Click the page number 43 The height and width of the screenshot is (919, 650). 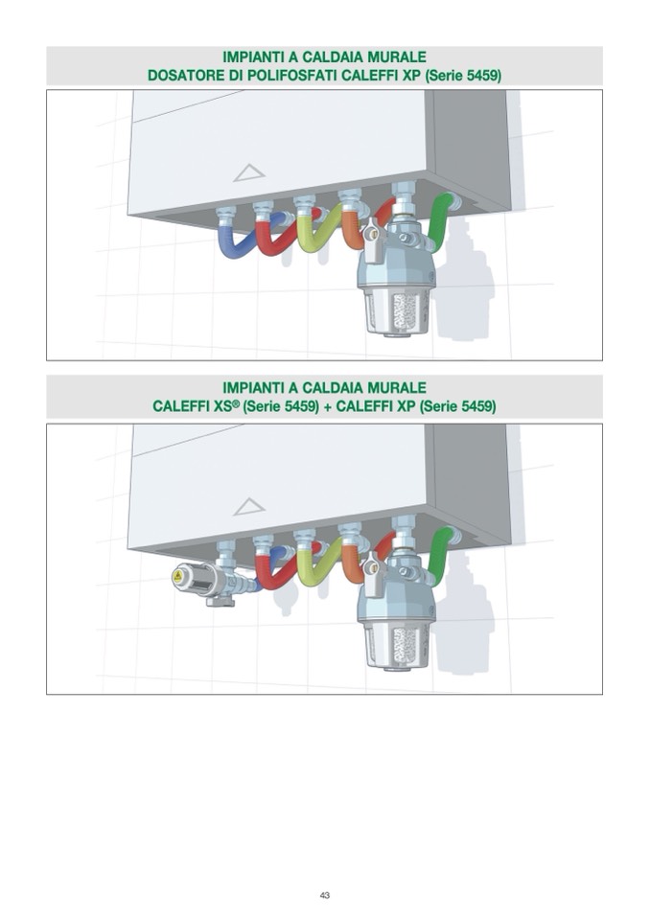(325, 895)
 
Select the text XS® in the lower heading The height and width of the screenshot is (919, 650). (224, 406)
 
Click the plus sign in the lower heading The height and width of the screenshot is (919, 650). (328, 406)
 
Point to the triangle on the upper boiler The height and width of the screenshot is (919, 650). (249, 172)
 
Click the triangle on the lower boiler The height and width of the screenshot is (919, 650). (249, 507)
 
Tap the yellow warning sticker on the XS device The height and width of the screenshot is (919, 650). (177, 577)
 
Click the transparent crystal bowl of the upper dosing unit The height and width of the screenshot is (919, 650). (398, 311)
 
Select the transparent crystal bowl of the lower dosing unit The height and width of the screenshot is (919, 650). (398, 645)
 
